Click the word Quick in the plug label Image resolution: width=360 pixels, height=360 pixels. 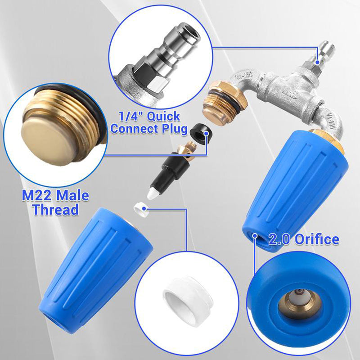(x=163, y=117)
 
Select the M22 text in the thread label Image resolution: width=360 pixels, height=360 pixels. (x=37, y=196)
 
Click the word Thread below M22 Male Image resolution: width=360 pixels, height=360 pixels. (x=55, y=209)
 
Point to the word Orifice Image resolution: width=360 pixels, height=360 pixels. (x=317, y=239)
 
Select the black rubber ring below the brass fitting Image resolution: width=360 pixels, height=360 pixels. (x=199, y=133)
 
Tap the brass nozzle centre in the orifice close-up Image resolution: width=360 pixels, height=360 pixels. (x=300, y=303)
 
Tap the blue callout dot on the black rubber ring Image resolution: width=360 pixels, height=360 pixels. (x=207, y=133)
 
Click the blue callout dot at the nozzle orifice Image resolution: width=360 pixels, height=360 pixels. (x=255, y=236)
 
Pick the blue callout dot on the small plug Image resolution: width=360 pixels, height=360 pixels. (x=318, y=62)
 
